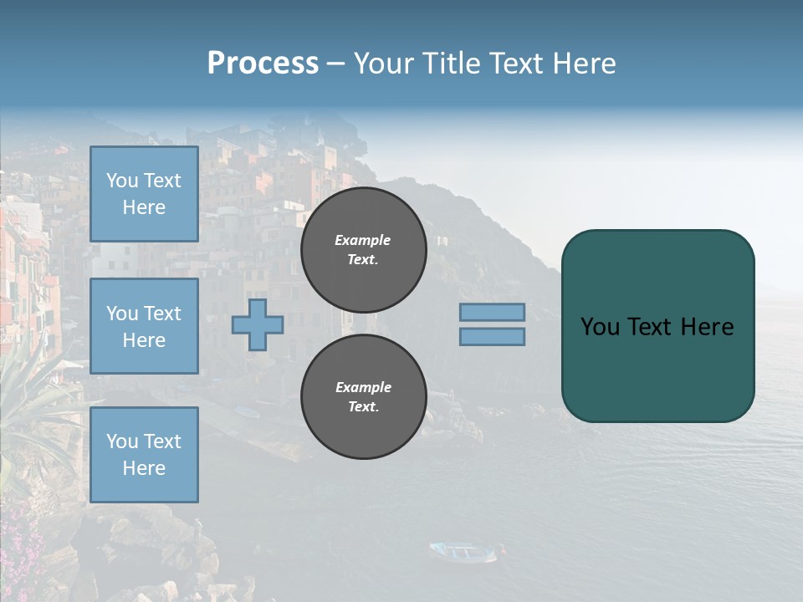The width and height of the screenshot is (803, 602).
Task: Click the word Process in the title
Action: [x=263, y=64]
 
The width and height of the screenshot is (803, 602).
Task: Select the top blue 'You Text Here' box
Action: [x=144, y=194]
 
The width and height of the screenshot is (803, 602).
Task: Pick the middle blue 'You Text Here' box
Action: [x=144, y=326]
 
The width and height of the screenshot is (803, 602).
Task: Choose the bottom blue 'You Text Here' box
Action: [x=144, y=455]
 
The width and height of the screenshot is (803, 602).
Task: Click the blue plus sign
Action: [x=258, y=325]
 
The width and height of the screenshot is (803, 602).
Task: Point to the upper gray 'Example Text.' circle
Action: [x=364, y=250]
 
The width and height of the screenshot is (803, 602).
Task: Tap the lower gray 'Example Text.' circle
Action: [x=364, y=397]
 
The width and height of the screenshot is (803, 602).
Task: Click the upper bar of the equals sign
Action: [x=492, y=313]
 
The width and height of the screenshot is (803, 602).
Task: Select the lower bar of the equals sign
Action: [x=492, y=337]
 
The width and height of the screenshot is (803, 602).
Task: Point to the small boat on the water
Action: [x=463, y=551]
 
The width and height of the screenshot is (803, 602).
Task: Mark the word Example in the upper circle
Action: [x=362, y=240]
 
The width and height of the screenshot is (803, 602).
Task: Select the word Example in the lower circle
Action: [x=363, y=387]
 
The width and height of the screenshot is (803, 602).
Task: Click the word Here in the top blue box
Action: [x=144, y=207]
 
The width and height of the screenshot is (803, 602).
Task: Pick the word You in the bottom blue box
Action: [x=122, y=441]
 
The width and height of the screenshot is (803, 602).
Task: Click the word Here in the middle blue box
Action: [x=144, y=340]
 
